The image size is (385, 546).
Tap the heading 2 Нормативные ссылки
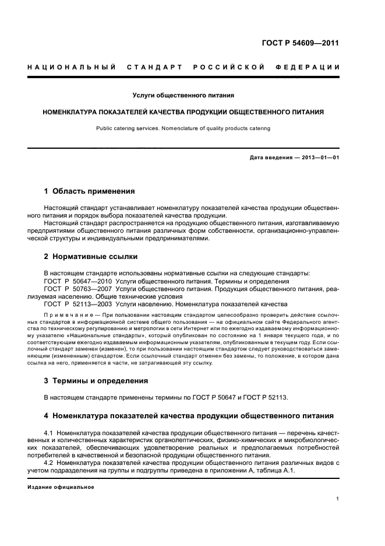tap(91, 257)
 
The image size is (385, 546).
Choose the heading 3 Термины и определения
tap(96, 380)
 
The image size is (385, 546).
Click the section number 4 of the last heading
tap(47, 416)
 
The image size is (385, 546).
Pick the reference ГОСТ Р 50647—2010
tap(77, 281)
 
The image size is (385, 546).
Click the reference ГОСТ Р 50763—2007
tap(77, 288)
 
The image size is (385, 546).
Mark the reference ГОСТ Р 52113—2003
tap(77, 304)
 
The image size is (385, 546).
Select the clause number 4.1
tap(48, 432)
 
